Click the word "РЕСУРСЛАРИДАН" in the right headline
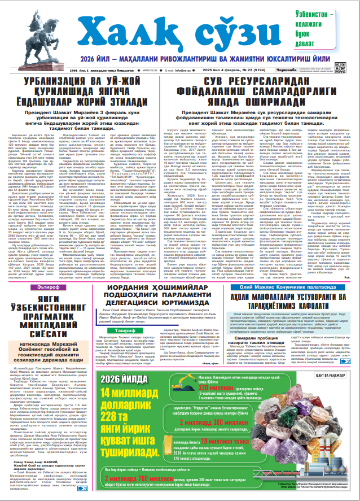269,82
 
